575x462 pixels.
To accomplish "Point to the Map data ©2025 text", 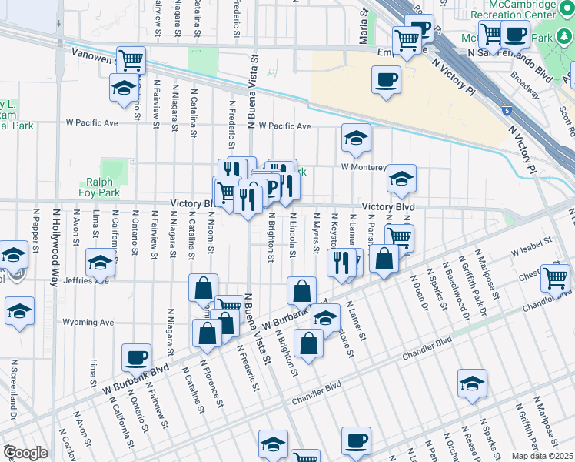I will point(542,456).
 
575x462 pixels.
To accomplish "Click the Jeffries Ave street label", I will point(86,280).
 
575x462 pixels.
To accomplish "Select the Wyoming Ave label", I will point(88,323).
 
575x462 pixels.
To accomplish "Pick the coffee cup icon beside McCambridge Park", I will point(515,34).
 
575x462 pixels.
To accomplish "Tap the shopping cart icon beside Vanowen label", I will point(131,59).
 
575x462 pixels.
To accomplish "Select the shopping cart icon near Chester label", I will point(555,278).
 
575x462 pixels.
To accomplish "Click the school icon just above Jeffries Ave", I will point(100,263).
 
